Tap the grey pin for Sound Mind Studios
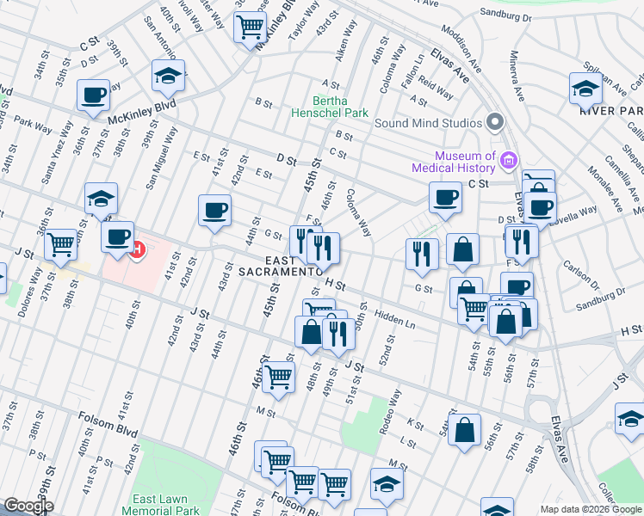495,122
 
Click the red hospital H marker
135,249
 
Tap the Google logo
28,507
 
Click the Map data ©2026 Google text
590,509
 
